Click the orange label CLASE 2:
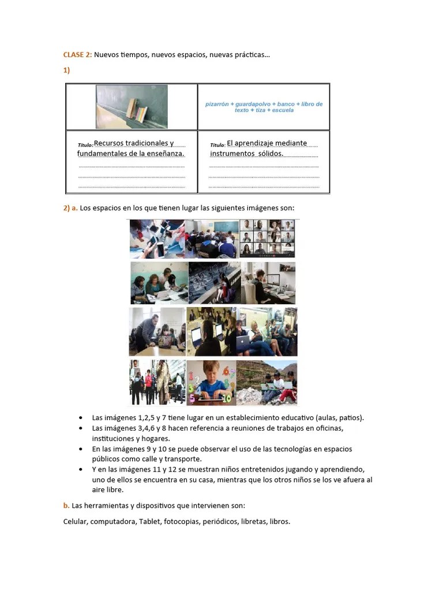point(77,55)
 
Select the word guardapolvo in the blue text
point(251,104)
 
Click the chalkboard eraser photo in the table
point(132,107)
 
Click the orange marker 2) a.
point(70,208)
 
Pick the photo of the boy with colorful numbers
point(211,382)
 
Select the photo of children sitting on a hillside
point(267,382)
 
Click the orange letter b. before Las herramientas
point(66,506)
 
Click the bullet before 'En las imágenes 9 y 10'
point(80,449)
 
